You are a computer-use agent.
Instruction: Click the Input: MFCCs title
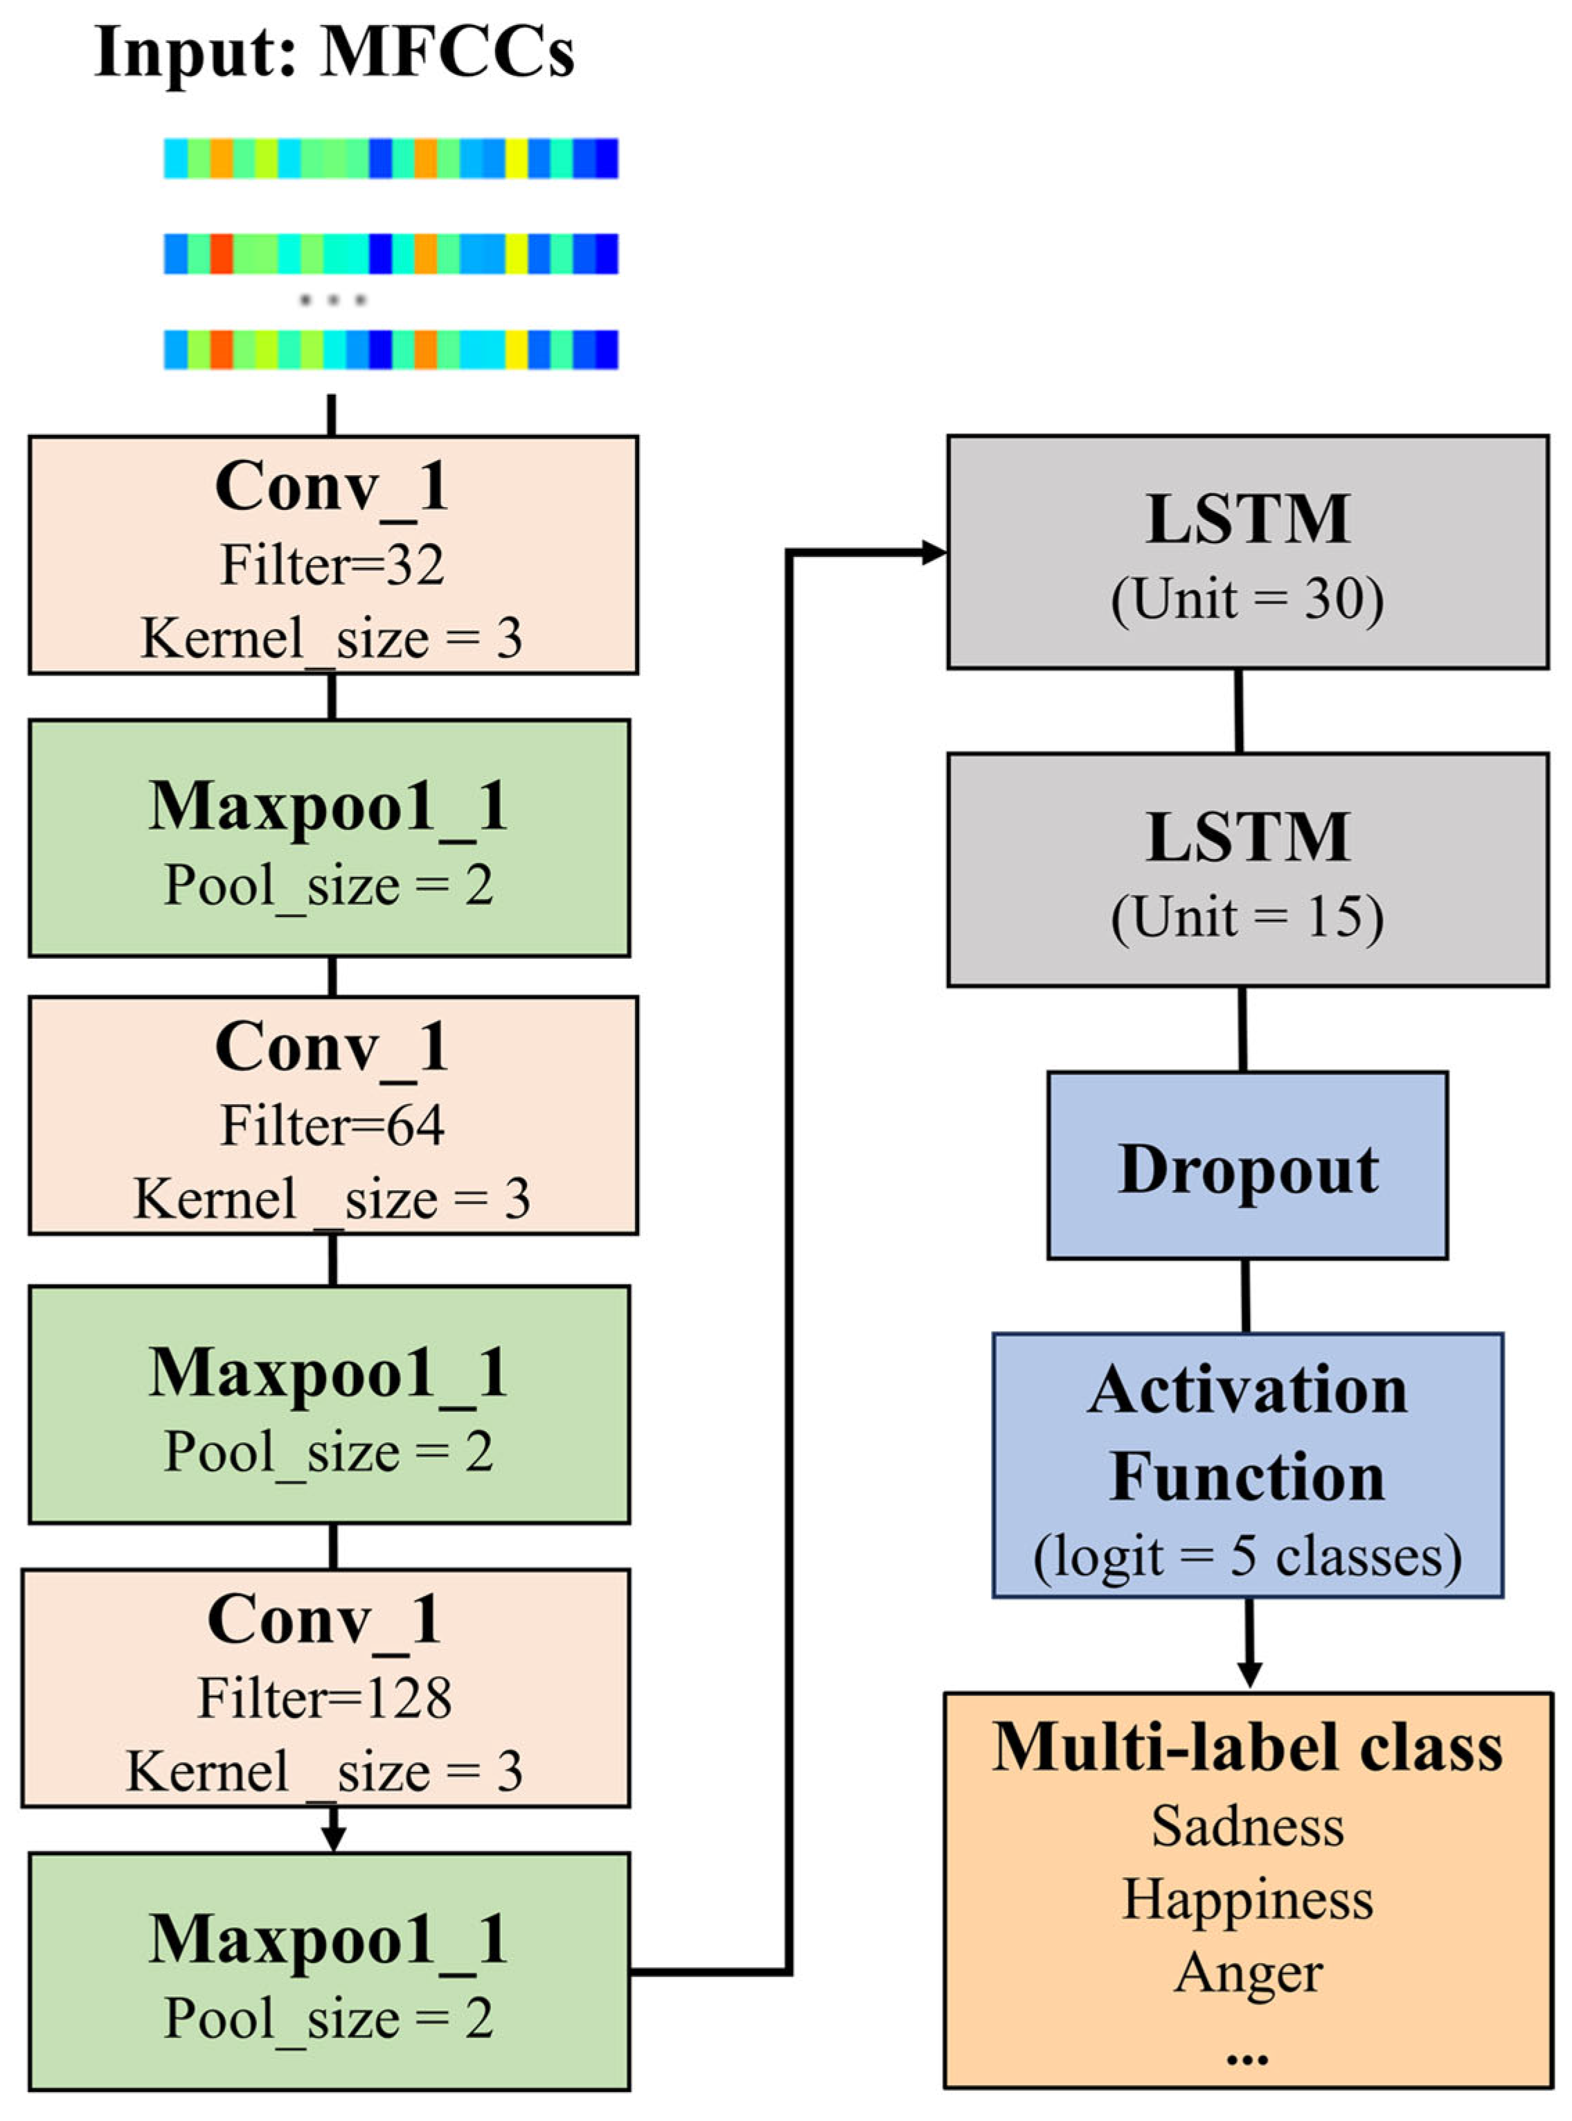335,53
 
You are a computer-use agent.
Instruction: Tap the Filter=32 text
332,565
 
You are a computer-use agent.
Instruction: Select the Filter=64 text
332,1126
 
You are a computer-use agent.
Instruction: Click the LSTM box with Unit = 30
1247,553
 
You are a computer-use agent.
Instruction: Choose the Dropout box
1247,1166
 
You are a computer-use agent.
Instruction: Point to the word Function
1247,1477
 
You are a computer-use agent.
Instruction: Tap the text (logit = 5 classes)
1247,1558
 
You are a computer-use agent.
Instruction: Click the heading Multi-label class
1247,1747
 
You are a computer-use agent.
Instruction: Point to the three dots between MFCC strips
332,301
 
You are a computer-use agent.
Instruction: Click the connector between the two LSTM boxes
1238,711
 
